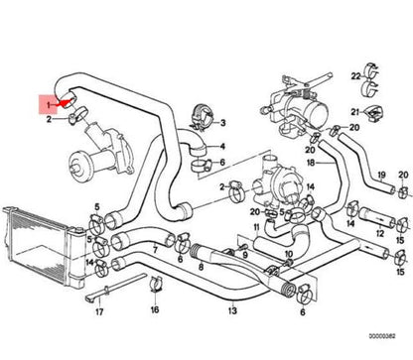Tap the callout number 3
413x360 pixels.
point(222,122)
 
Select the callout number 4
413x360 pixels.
point(222,146)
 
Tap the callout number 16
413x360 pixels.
point(154,309)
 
